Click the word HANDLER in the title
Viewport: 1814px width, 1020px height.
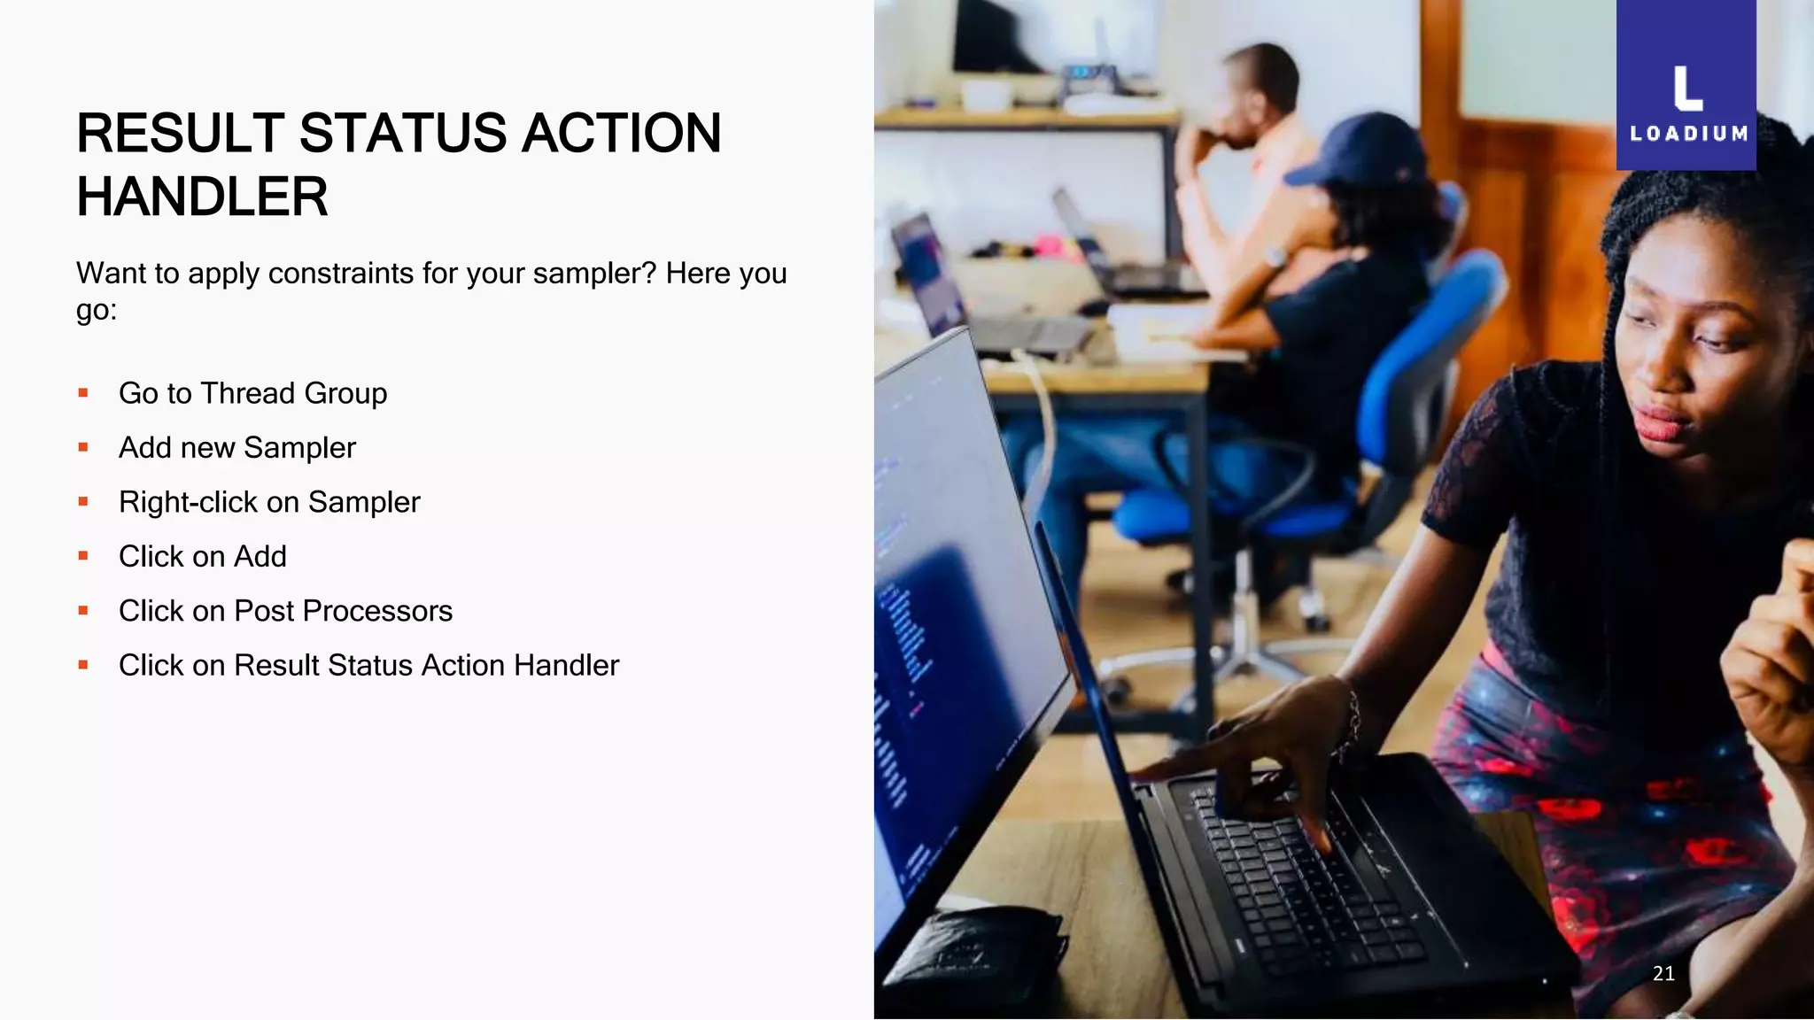(202, 197)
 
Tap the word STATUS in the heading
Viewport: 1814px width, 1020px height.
(403, 134)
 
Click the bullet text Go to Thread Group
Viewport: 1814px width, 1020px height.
(252, 393)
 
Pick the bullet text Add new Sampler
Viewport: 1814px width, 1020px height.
(236, 448)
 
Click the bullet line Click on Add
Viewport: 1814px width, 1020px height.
(202, 557)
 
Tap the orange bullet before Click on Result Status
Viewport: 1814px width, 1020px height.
(83, 665)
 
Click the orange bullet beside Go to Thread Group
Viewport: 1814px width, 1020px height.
(83, 393)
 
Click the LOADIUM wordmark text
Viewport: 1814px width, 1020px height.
(1688, 135)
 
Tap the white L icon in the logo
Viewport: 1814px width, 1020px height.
(1687, 89)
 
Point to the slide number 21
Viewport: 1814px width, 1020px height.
(1663, 973)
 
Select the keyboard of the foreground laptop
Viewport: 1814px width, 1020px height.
(1302, 877)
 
